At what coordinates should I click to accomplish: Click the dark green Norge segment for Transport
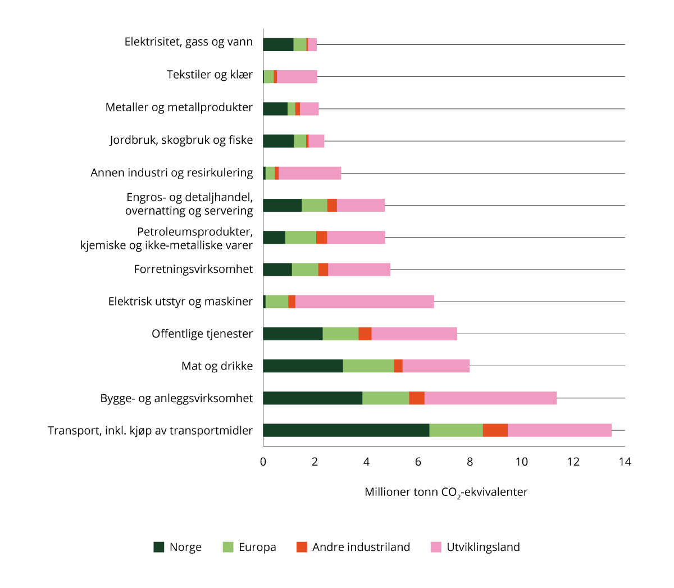tap(346, 430)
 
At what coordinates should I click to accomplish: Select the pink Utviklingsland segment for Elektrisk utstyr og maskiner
tap(365, 302)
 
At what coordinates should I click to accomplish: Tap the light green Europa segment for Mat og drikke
tap(368, 366)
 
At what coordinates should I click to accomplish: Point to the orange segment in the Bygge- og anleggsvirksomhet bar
tap(417, 398)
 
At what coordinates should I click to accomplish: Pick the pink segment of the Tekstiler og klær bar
tap(297, 77)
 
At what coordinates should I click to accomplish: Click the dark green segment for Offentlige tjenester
tap(293, 334)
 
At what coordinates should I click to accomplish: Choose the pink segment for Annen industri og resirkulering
tap(310, 173)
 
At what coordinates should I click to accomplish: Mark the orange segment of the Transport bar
tap(495, 430)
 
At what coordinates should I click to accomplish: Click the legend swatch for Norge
tap(159, 547)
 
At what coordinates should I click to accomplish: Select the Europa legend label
tap(257, 547)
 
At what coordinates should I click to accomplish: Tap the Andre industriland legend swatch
tap(302, 547)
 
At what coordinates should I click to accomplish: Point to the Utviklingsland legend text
tap(483, 547)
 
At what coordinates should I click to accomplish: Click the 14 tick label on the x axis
tap(625, 462)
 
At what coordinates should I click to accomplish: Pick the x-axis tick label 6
tap(418, 462)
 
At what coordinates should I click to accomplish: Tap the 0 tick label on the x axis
tap(263, 462)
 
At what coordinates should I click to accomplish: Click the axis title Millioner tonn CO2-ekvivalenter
tap(446, 493)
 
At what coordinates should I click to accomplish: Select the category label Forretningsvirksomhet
tap(193, 269)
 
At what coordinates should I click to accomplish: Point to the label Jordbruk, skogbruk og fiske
tap(181, 140)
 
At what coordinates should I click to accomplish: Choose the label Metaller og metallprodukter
tap(179, 107)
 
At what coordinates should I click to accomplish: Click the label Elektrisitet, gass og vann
tap(189, 42)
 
